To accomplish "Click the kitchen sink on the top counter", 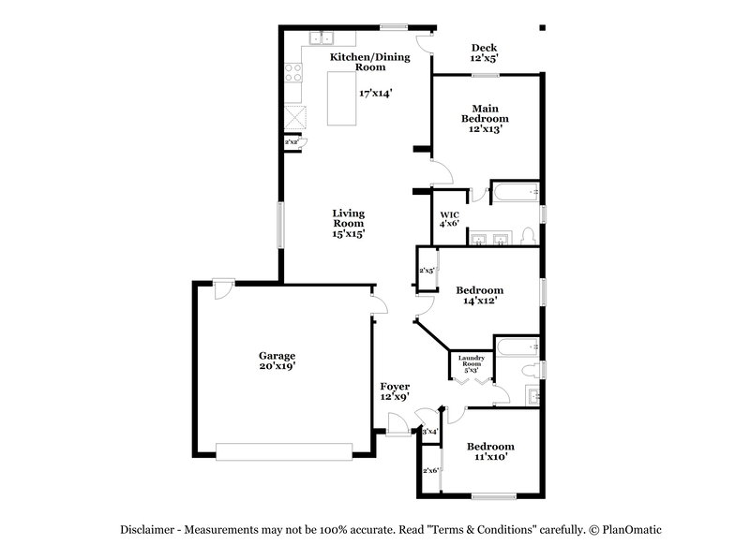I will tap(323, 39).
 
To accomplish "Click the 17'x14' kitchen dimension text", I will tap(375, 93).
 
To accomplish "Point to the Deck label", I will tap(484, 48).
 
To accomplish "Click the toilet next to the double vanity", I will tap(527, 236).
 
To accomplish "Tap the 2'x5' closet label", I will tap(427, 271).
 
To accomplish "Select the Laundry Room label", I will tap(471, 361).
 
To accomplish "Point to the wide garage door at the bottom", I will tap(285, 450).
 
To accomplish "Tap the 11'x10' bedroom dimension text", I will tap(490, 458).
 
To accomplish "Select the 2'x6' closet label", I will tap(430, 470).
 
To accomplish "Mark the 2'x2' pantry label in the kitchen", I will tap(292, 142).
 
